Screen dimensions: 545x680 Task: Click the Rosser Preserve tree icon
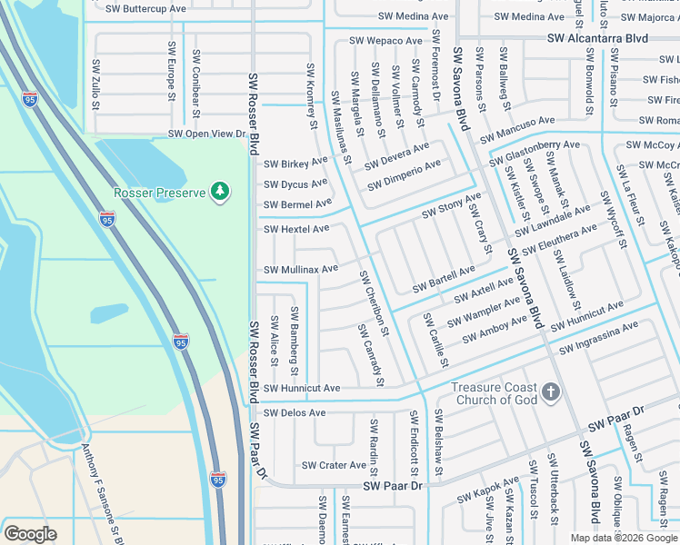(x=219, y=191)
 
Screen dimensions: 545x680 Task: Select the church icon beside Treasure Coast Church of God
(x=550, y=392)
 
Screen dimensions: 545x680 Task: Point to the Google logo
(x=30, y=534)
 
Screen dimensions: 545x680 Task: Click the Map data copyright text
(x=624, y=538)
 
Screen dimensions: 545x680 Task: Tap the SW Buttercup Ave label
(x=145, y=8)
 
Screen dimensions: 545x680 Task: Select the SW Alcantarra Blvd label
(x=597, y=38)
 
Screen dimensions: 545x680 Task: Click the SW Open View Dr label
(x=206, y=134)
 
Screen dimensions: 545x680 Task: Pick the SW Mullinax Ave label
(x=301, y=269)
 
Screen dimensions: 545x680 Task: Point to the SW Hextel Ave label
(x=296, y=229)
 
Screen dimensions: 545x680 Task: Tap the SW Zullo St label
(x=95, y=84)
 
